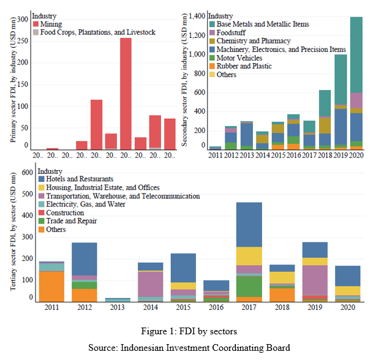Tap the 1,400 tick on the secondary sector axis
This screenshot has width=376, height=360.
tap(194, 16)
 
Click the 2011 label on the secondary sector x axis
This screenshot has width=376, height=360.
tap(216, 156)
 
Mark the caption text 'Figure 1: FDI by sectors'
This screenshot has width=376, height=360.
tap(188, 331)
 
